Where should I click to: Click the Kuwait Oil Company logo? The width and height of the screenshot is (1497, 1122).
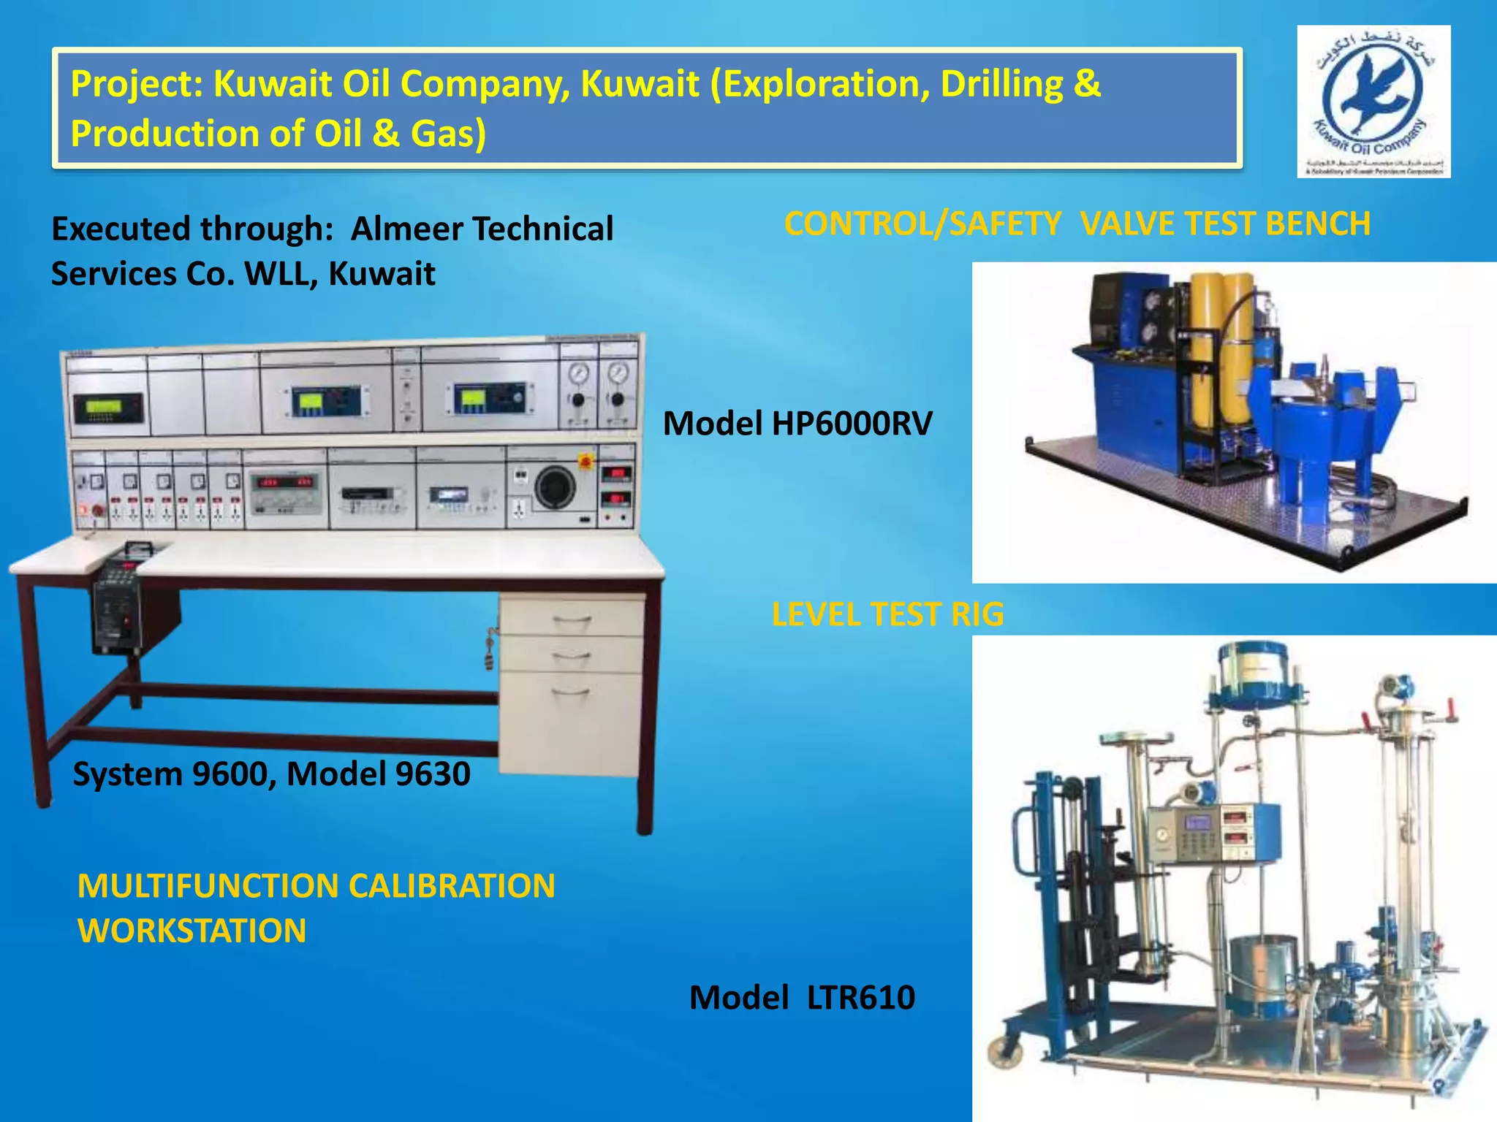(x=1373, y=101)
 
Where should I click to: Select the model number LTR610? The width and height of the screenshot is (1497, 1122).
(x=860, y=998)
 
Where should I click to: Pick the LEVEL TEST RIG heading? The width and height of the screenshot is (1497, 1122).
(x=887, y=614)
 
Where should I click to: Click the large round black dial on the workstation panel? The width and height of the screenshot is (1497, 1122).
(x=555, y=488)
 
